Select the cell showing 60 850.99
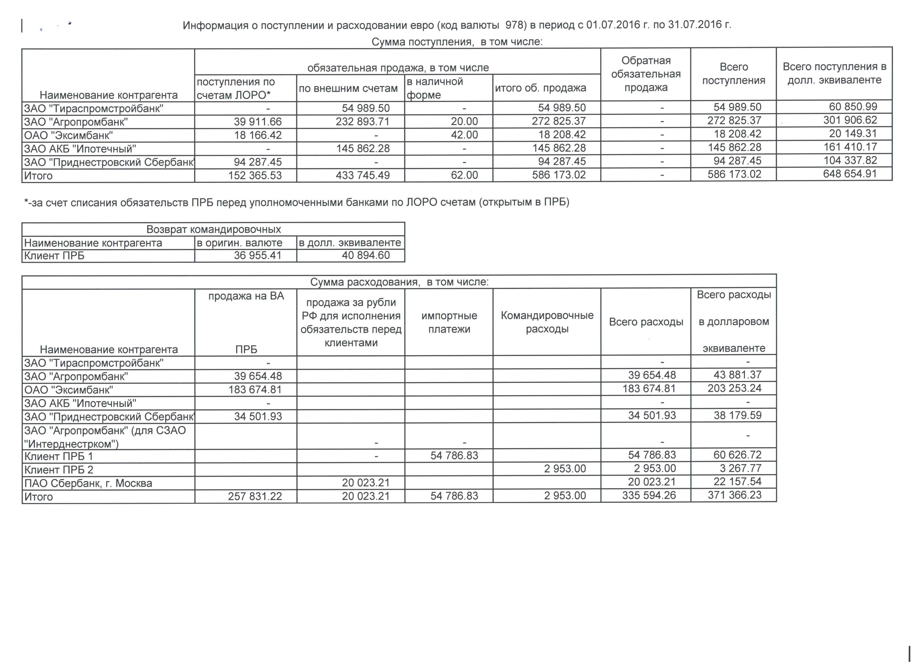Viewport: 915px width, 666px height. (x=853, y=107)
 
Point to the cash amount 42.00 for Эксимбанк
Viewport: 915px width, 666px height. (x=464, y=135)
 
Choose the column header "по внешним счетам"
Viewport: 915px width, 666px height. (x=348, y=89)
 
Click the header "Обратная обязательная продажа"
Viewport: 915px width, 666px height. (x=646, y=74)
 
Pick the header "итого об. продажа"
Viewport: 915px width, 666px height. (x=540, y=88)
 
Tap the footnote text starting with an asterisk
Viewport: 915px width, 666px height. (x=297, y=202)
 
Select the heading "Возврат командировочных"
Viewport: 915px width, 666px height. (x=213, y=229)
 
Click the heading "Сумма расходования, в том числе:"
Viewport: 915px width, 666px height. (x=399, y=282)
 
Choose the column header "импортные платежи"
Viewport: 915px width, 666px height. (x=449, y=322)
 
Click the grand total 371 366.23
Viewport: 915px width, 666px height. (x=734, y=495)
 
